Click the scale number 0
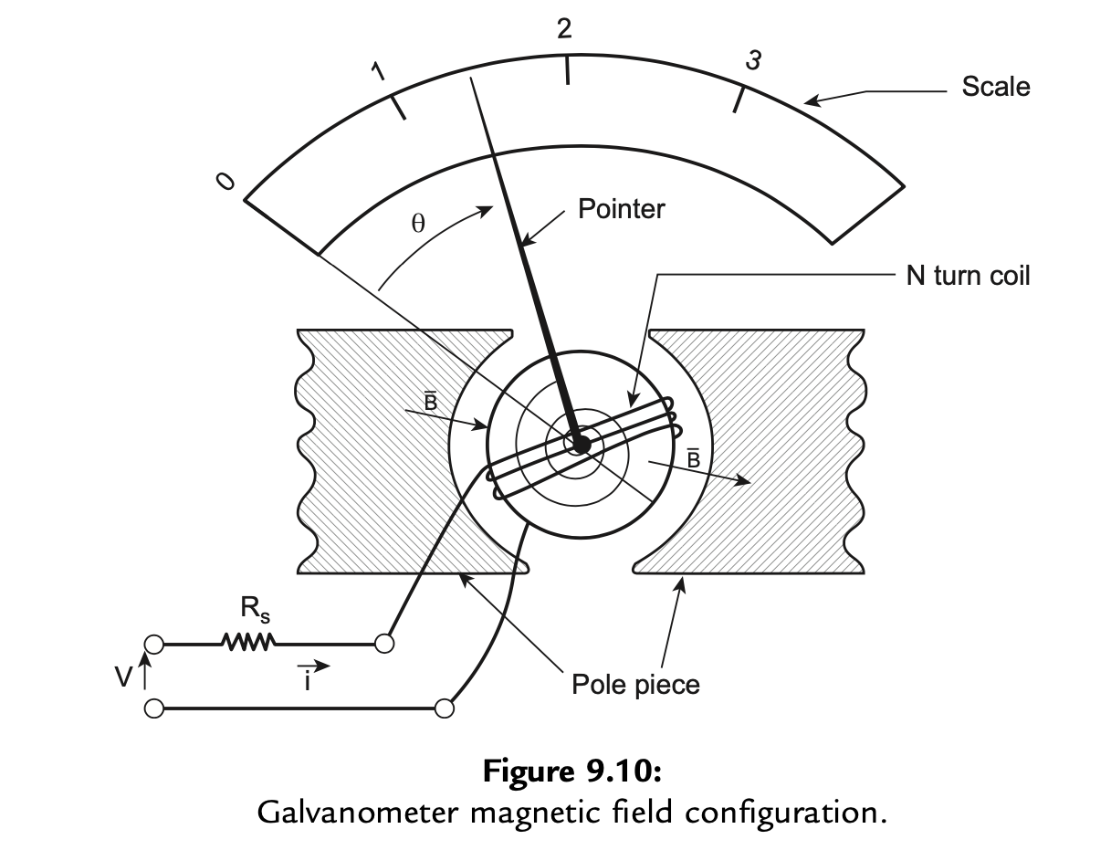coord(225,182)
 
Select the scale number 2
coord(564,29)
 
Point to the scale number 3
coord(753,60)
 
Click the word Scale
coord(995,87)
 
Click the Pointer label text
coord(621,209)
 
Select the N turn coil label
coord(967,276)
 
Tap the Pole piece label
coord(635,684)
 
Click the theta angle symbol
coord(417,225)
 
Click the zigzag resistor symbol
coord(247,644)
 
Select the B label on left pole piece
coord(428,401)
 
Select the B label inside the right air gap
coord(693,459)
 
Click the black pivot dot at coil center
coord(579,444)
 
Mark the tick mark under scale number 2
coord(568,69)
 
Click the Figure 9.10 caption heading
coord(571,771)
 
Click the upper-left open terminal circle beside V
coord(154,645)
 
